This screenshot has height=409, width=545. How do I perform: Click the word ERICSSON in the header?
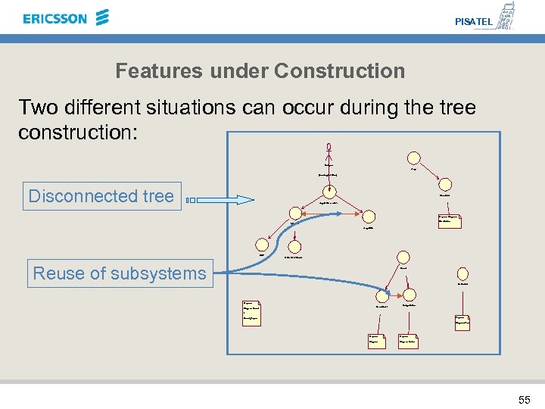[55, 18]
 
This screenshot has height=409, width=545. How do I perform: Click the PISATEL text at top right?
[473, 22]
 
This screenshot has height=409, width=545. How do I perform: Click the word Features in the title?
[154, 71]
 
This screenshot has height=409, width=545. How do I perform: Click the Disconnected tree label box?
[101, 196]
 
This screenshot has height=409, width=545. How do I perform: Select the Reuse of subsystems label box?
[120, 273]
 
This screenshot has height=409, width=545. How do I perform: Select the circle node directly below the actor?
[329, 161]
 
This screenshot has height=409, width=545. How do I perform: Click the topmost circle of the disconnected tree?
[413, 158]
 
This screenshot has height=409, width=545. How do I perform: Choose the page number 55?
[525, 399]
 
